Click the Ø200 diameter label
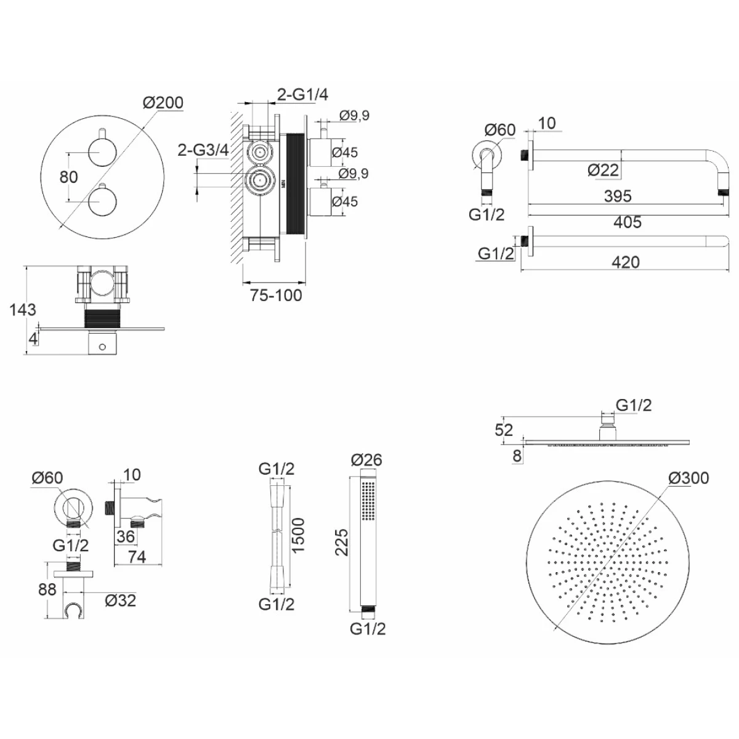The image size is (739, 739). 163,102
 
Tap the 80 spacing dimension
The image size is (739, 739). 68,177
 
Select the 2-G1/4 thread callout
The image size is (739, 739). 302,94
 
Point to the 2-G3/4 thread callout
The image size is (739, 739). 203,150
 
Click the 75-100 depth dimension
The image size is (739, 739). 276,296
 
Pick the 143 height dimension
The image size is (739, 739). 23,310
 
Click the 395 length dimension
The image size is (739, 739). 618,196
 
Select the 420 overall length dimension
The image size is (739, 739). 626,262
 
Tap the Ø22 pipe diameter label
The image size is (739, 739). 604,170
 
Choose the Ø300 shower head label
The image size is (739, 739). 689,478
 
